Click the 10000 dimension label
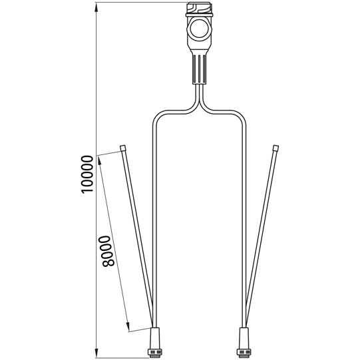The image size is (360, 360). pos(87,174)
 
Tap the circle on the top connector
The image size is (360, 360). pos(199,29)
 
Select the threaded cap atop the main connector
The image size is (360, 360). pos(199,9)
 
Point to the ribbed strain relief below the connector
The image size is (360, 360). pos(199,69)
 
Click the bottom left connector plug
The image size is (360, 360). pos(154,343)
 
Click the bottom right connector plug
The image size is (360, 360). pos(244,343)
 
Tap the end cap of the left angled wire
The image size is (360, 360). pos(123,148)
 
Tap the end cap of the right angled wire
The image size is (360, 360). pos(275,148)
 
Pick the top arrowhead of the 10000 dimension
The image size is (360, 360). pos(96,8)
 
